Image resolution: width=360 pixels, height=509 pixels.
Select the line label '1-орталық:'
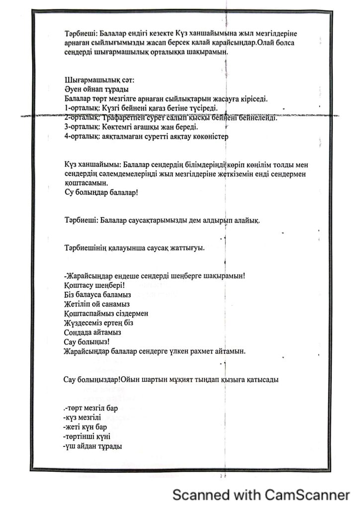point(82,108)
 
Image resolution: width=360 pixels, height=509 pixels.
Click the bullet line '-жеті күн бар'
point(86,427)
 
